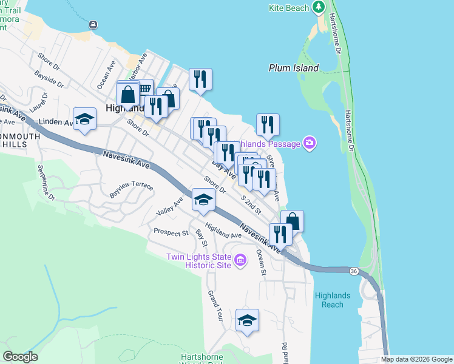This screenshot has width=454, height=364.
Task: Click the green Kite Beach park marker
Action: pos(318,7)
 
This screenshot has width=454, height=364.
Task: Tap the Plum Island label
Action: pos(294,68)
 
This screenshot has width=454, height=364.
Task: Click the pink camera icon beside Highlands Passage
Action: pos(310,143)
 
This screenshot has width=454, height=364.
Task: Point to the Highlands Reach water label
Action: pos(333,300)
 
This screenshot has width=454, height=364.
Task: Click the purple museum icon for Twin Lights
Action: pos(240,261)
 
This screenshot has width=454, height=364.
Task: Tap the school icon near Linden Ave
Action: pos(84,119)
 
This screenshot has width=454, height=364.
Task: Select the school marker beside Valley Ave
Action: pos(204,200)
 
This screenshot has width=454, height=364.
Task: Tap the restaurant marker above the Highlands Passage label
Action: pos(268,125)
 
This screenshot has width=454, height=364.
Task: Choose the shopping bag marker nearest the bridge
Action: pos(292,221)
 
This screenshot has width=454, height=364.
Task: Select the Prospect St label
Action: pos(171,232)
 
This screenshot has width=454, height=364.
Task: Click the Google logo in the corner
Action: pos(20,357)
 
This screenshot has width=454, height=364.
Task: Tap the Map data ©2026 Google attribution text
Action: pos(416,360)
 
